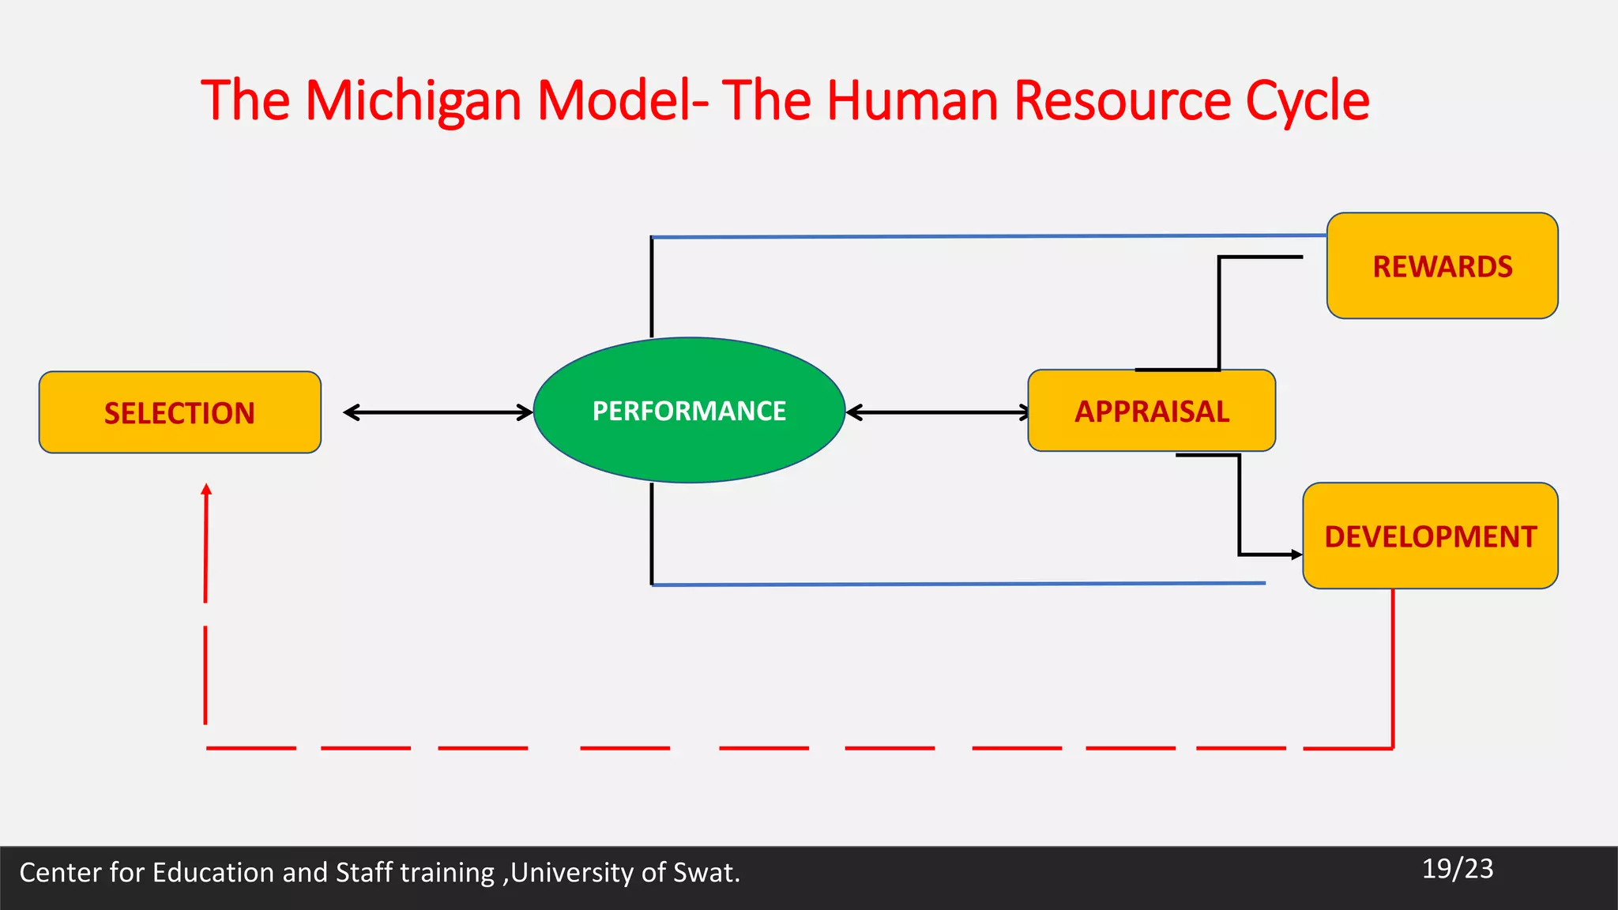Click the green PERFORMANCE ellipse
pos(689,410)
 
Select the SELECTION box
pos(180,412)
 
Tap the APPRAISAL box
pos(1151,411)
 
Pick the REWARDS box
pos(1442,266)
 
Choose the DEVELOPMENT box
pos(1430,536)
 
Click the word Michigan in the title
pos(413,101)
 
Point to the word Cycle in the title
pos(1308,101)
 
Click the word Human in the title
pos(912,101)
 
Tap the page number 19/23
pos(1458,869)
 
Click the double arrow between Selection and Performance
pos(438,412)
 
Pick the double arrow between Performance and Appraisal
pos(938,412)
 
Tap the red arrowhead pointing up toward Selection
pos(206,490)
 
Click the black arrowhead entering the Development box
pos(1296,555)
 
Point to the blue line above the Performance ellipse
pos(988,235)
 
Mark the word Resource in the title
pos(1122,101)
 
